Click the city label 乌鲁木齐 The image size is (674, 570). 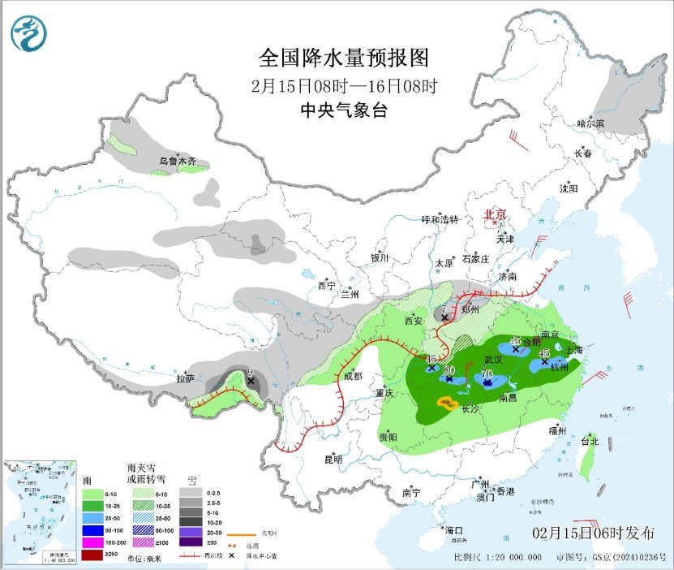178,162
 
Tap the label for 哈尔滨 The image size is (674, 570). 590,123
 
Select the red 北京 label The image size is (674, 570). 495,214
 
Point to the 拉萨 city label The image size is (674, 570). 185,378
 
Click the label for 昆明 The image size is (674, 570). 333,460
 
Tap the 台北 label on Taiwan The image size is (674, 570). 590,442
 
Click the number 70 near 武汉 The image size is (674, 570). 487,374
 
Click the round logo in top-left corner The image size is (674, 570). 29,33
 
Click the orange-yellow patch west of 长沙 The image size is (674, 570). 445,402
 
